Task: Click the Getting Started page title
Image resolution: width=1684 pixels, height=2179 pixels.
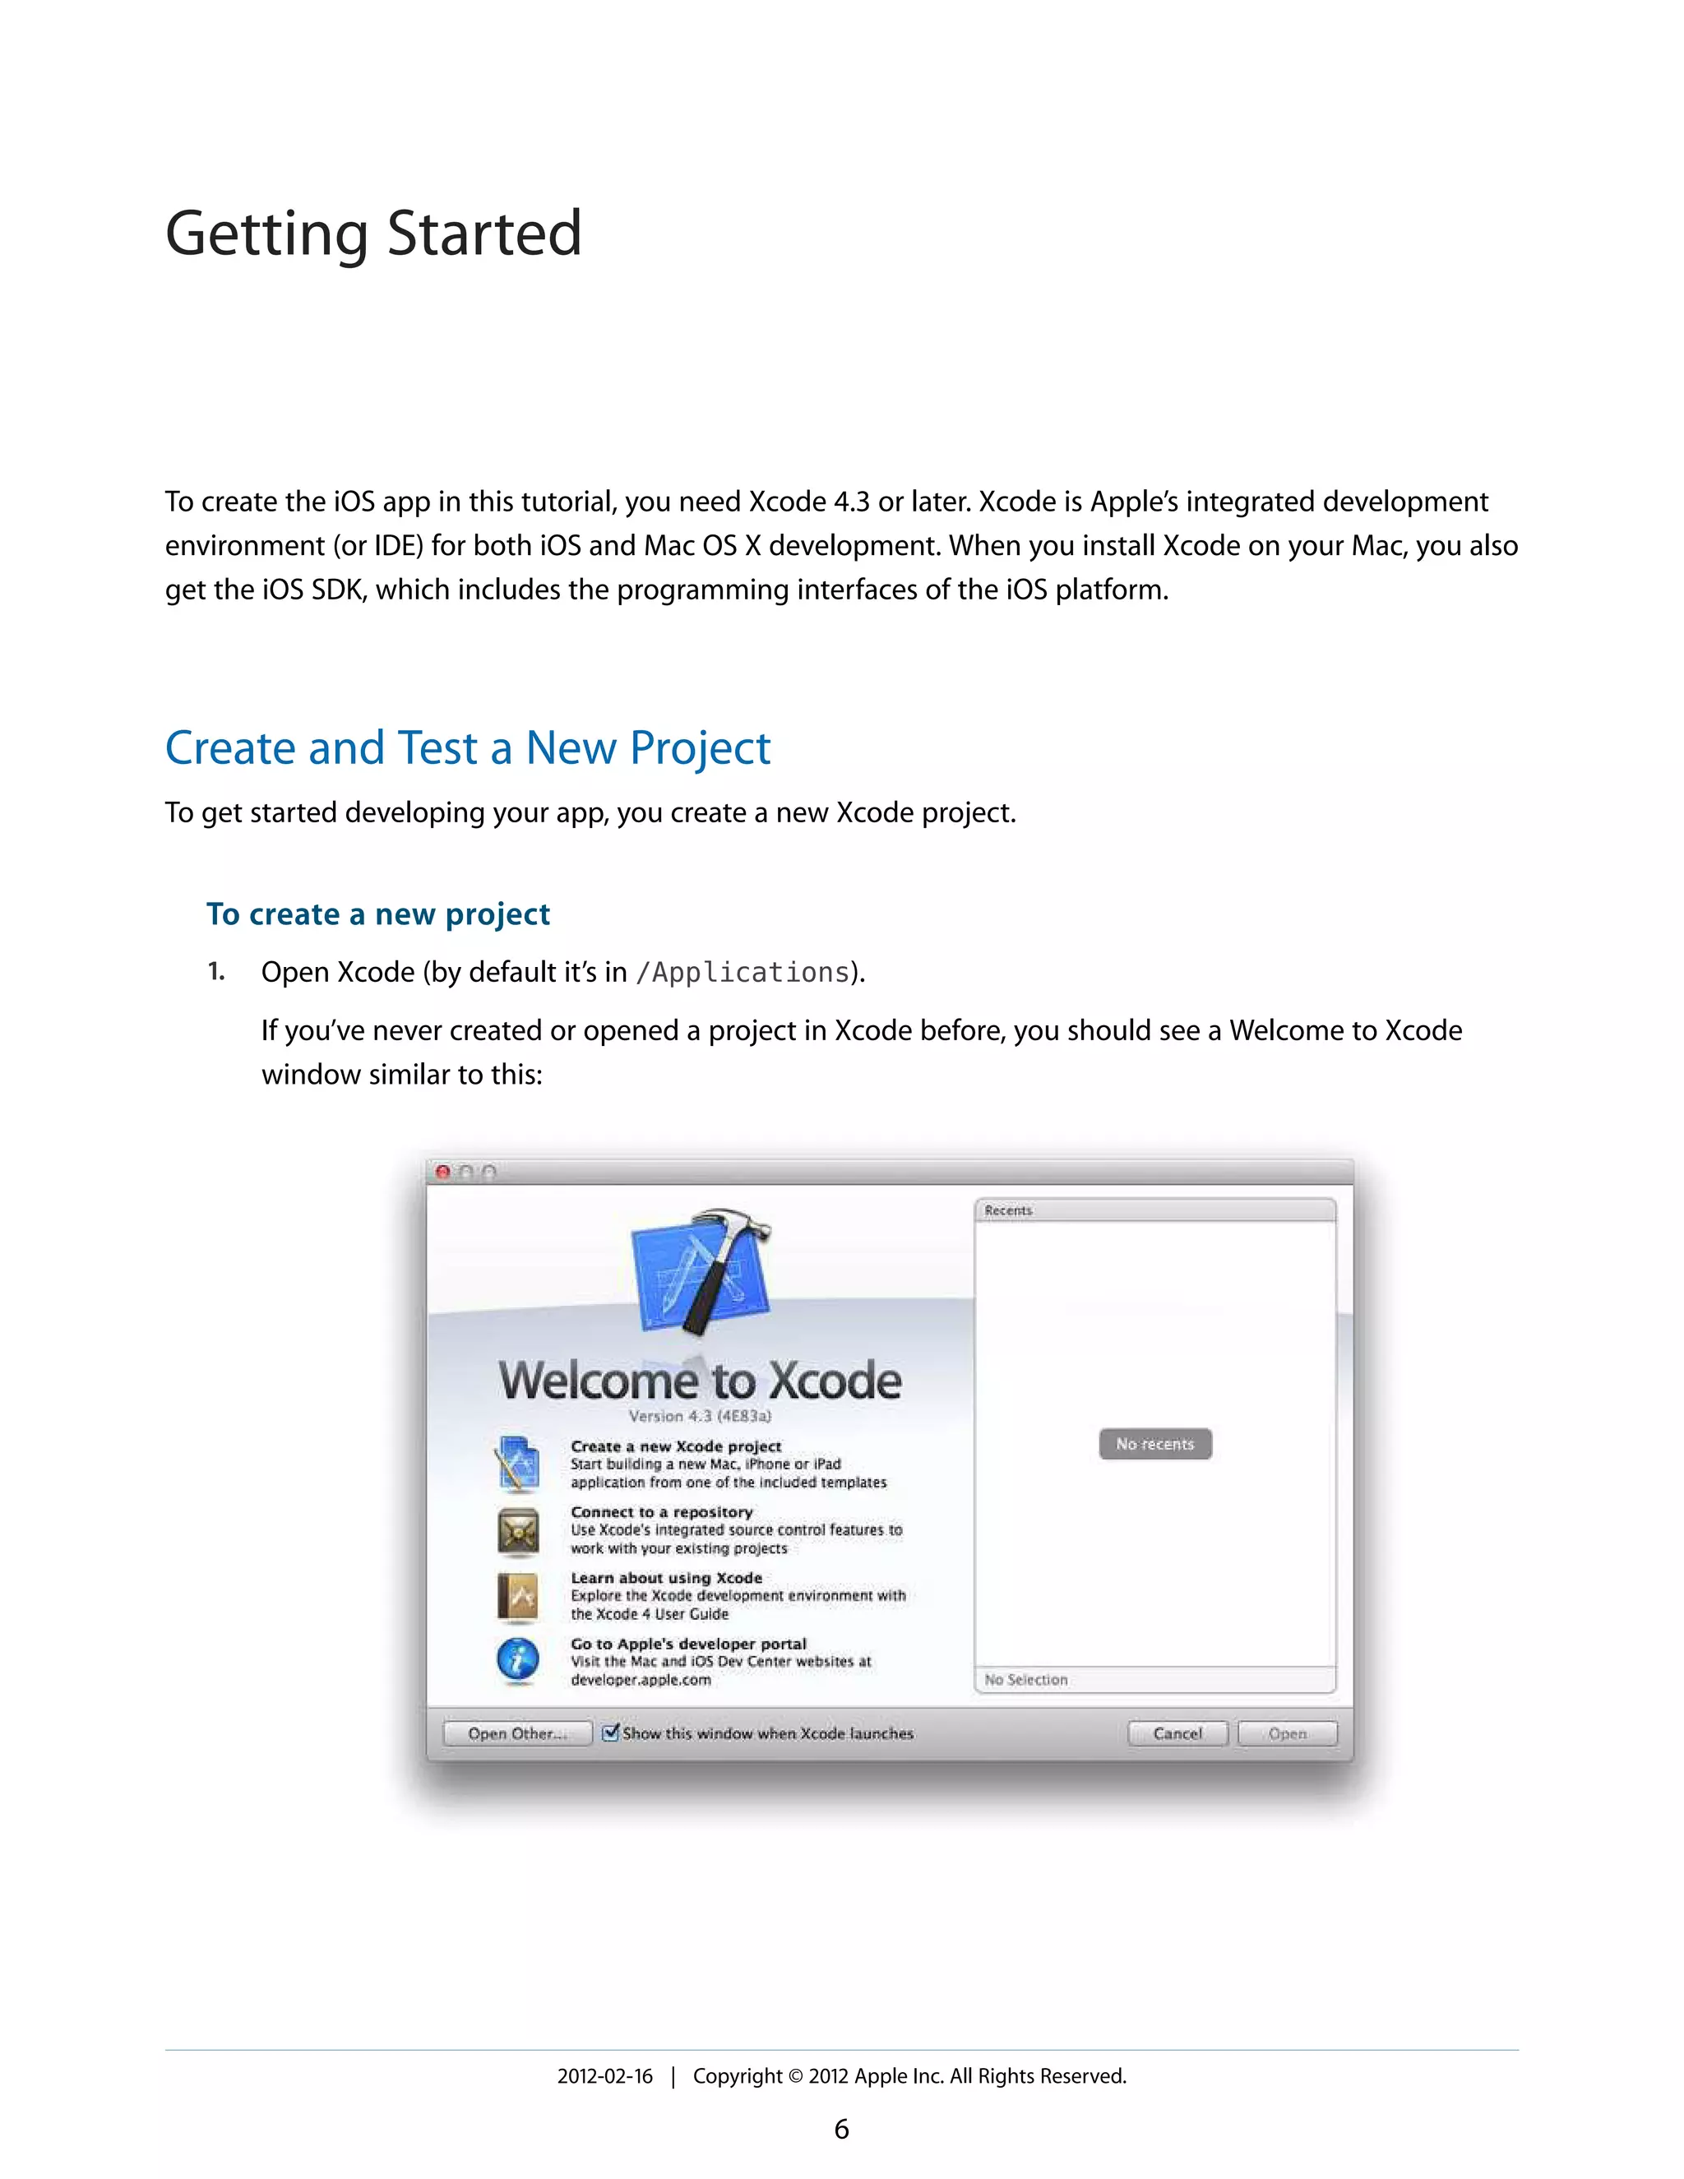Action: (x=373, y=234)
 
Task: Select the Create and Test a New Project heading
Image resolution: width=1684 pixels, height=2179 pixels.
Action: (x=467, y=748)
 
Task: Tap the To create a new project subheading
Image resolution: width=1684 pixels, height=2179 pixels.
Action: (x=378, y=914)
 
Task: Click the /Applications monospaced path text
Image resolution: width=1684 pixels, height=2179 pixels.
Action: (x=743, y=973)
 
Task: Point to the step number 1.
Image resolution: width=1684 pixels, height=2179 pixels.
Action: (x=215, y=972)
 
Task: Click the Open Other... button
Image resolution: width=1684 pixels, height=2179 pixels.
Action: (x=516, y=1733)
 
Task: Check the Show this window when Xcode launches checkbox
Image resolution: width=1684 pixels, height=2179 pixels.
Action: (x=611, y=1732)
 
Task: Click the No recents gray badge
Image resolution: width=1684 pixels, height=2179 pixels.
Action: (x=1154, y=1444)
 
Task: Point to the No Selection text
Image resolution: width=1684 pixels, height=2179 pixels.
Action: (x=1025, y=1680)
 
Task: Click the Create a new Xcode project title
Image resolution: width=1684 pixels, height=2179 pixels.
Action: (x=675, y=1446)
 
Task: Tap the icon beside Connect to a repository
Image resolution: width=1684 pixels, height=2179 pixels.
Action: (x=518, y=1530)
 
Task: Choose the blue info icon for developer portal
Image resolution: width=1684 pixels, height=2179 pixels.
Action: (x=518, y=1660)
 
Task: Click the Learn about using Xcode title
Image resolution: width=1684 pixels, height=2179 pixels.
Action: (x=665, y=1577)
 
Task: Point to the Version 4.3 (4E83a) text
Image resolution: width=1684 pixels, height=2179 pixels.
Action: (x=700, y=1416)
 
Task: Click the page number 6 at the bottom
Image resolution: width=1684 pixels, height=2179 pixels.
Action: (x=841, y=2129)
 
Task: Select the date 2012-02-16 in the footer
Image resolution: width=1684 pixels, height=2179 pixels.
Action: (x=604, y=2076)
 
